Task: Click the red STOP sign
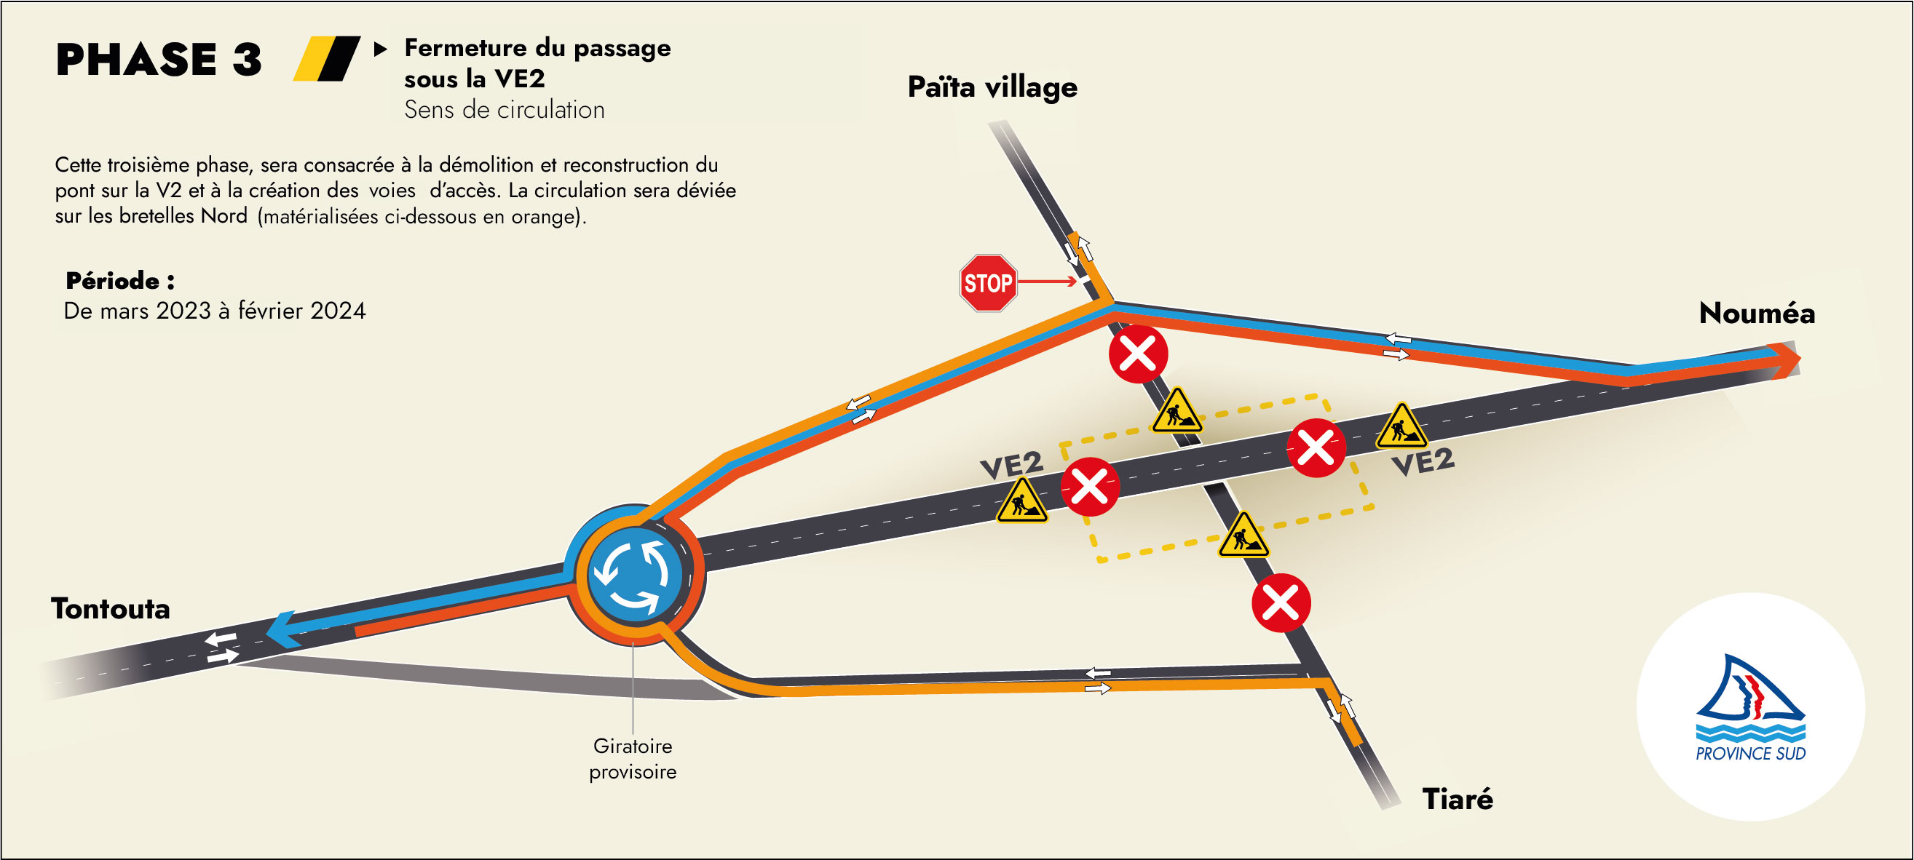[987, 283]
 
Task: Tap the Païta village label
[992, 87]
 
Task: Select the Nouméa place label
[1757, 314]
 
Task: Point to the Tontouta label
[111, 609]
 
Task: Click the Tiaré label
[1457, 800]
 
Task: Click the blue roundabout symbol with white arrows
[634, 576]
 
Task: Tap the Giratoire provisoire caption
[633, 758]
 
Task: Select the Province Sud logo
[1750, 708]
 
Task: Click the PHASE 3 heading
[158, 60]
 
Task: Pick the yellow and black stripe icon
[326, 59]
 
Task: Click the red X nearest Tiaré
[1281, 603]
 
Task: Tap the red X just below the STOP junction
[1139, 354]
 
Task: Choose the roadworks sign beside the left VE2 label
[1021, 501]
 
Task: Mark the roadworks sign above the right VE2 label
[1401, 427]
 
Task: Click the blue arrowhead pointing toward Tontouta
[282, 630]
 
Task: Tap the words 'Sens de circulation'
[504, 110]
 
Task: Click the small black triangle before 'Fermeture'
[381, 49]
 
